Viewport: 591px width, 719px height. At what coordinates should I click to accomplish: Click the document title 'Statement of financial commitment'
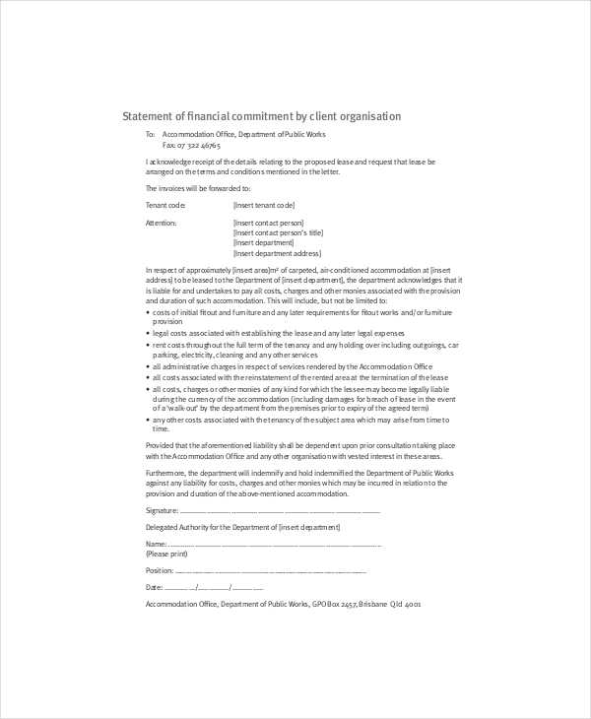pyautogui.click(x=261, y=116)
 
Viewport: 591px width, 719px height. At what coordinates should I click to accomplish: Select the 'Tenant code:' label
pyautogui.click(x=165, y=205)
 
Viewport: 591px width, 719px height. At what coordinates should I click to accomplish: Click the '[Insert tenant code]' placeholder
pyautogui.click(x=264, y=205)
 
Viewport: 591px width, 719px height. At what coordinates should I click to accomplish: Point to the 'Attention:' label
pyautogui.click(x=162, y=223)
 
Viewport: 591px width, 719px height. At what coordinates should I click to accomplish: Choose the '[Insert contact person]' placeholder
pyautogui.click(x=268, y=223)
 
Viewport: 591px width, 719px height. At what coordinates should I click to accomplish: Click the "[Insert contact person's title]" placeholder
pyautogui.click(x=278, y=232)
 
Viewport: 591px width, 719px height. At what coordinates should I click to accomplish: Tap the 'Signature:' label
pyautogui.click(x=163, y=511)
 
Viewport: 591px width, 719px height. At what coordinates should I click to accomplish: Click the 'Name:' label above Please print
pyautogui.click(x=156, y=544)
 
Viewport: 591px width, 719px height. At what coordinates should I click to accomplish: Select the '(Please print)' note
pyautogui.click(x=166, y=554)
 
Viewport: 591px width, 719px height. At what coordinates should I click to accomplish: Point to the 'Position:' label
pyautogui.click(x=160, y=570)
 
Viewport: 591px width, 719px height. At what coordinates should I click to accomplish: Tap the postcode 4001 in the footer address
pyautogui.click(x=413, y=604)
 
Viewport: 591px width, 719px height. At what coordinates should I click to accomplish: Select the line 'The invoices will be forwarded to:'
pyautogui.click(x=198, y=187)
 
